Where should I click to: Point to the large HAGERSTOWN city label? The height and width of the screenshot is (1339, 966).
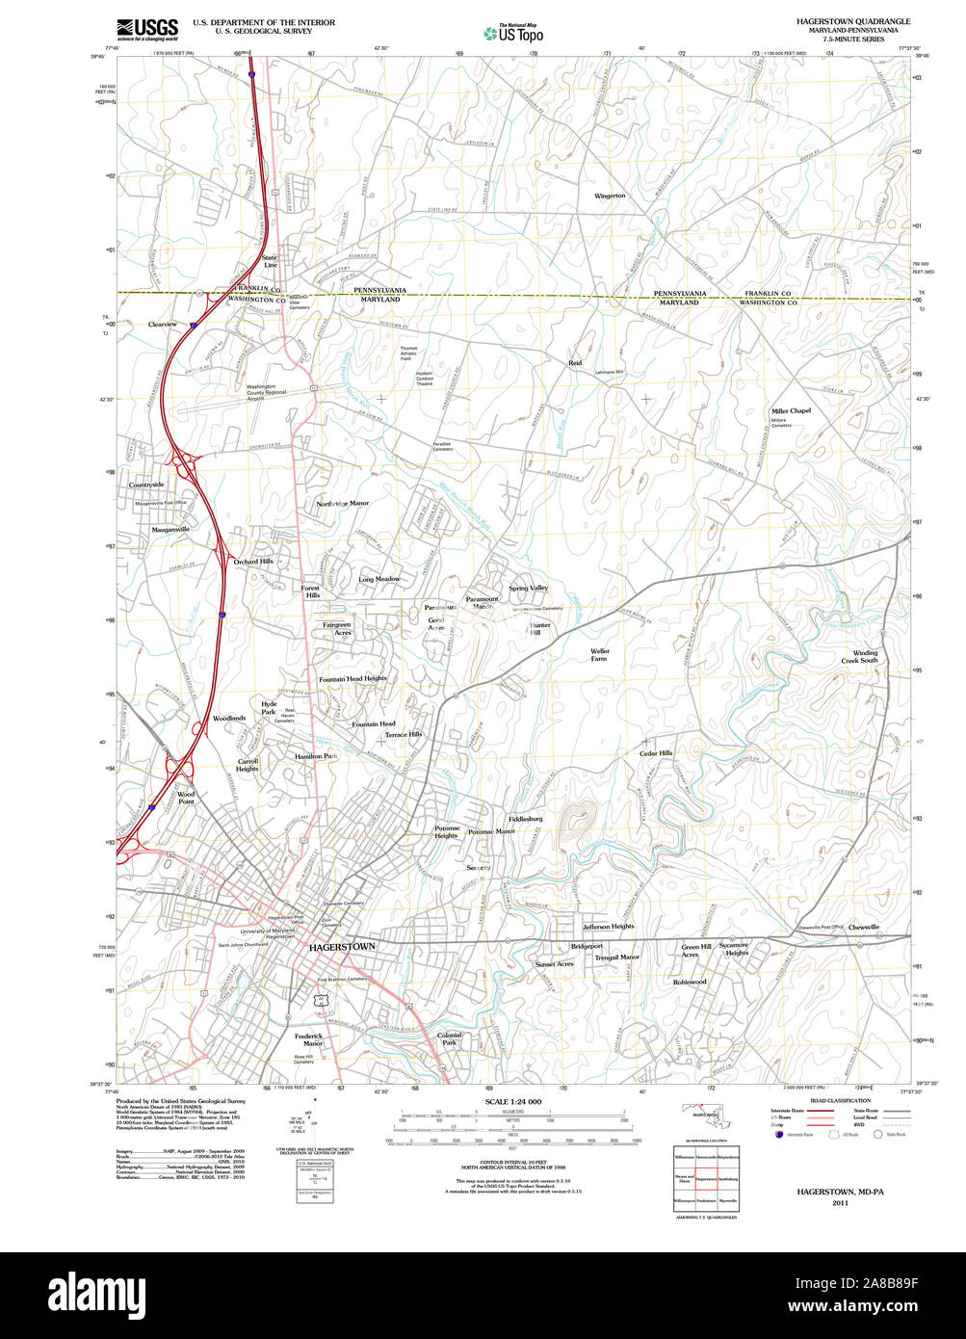click(x=342, y=948)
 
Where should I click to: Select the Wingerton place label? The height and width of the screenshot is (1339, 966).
click(x=610, y=196)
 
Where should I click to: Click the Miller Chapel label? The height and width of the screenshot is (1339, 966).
click(x=791, y=411)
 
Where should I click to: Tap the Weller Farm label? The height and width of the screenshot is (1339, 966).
click(x=600, y=655)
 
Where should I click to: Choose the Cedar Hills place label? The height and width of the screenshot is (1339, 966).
click(x=656, y=753)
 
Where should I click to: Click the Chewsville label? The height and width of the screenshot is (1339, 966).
click(x=864, y=927)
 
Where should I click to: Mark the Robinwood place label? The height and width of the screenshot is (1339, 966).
click(x=690, y=982)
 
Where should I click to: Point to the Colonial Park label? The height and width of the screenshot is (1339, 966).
click(x=450, y=1039)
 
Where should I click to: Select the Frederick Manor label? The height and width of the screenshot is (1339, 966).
click(x=309, y=1039)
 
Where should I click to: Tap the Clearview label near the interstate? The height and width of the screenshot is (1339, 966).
click(x=163, y=325)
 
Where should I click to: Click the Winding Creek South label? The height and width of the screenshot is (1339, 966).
click(x=859, y=656)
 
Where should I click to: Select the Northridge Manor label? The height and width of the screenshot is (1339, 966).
click(x=343, y=503)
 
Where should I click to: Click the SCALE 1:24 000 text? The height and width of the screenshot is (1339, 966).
click(x=513, y=1102)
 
